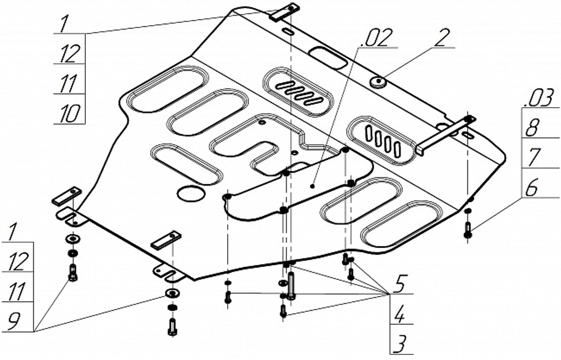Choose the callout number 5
coord(398,283)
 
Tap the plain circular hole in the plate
coord(189,194)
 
